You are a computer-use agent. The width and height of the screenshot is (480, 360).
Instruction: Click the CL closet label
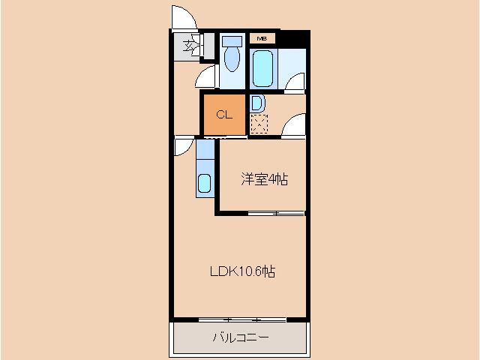click(x=223, y=115)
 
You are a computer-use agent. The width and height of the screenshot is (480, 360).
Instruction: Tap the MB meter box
click(x=262, y=38)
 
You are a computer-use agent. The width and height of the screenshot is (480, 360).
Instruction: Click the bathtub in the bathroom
click(x=262, y=69)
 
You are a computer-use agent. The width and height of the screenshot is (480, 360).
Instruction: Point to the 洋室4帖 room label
click(x=264, y=179)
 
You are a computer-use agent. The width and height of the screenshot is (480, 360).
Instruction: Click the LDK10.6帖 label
click(x=241, y=271)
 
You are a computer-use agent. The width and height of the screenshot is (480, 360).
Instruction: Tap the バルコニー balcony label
click(x=240, y=337)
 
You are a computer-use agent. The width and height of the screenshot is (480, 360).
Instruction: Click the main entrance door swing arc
click(x=181, y=16)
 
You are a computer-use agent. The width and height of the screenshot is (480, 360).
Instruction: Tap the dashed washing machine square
click(x=259, y=124)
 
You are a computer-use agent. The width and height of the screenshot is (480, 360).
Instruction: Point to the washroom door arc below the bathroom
click(x=293, y=126)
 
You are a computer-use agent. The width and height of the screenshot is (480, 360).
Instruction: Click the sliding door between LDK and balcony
click(x=242, y=319)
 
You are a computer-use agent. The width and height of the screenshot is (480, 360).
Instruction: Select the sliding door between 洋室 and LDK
click(x=276, y=214)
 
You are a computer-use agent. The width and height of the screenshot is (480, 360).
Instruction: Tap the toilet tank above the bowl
click(x=232, y=40)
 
